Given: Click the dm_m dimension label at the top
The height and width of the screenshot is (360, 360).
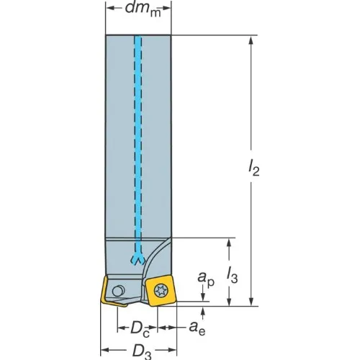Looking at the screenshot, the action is pyautogui.click(x=143, y=9).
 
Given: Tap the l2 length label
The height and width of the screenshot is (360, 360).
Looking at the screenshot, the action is pyautogui.click(x=253, y=167).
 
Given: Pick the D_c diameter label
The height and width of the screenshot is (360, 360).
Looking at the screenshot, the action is pyautogui.click(x=140, y=329).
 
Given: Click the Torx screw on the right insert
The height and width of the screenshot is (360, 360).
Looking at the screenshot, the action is pyautogui.click(x=161, y=291).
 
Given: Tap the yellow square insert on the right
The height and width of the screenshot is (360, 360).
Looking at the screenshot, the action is pyautogui.click(x=161, y=291).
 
